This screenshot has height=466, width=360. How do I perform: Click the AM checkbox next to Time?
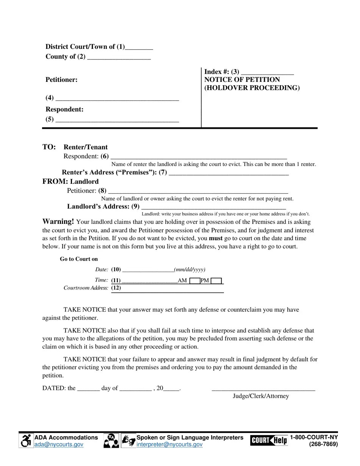click(x=195, y=281)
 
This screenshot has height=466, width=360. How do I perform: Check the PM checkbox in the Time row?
click(x=216, y=281)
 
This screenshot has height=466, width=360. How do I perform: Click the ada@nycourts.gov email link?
click(x=59, y=444)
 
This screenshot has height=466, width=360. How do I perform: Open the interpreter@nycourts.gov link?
click(x=169, y=444)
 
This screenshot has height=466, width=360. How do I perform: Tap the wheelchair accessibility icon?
click(x=26, y=441)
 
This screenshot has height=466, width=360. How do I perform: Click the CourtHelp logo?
click(x=269, y=440)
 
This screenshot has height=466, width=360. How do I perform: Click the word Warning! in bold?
click(x=58, y=222)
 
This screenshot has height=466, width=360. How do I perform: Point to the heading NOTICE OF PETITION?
click(x=242, y=80)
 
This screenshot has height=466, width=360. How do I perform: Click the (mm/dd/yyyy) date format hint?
click(x=189, y=269)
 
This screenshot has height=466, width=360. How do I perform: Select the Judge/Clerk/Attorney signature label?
click(x=261, y=396)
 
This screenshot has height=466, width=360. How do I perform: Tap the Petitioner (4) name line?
click(x=117, y=99)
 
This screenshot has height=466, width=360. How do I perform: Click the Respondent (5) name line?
click(x=117, y=120)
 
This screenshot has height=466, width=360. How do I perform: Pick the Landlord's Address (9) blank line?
click(x=213, y=207)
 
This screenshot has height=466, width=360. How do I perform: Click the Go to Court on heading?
click(x=79, y=259)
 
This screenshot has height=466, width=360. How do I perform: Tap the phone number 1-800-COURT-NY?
click(x=314, y=437)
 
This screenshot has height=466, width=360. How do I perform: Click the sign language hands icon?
click(x=128, y=441)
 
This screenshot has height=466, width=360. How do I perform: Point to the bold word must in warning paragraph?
click(x=216, y=238)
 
